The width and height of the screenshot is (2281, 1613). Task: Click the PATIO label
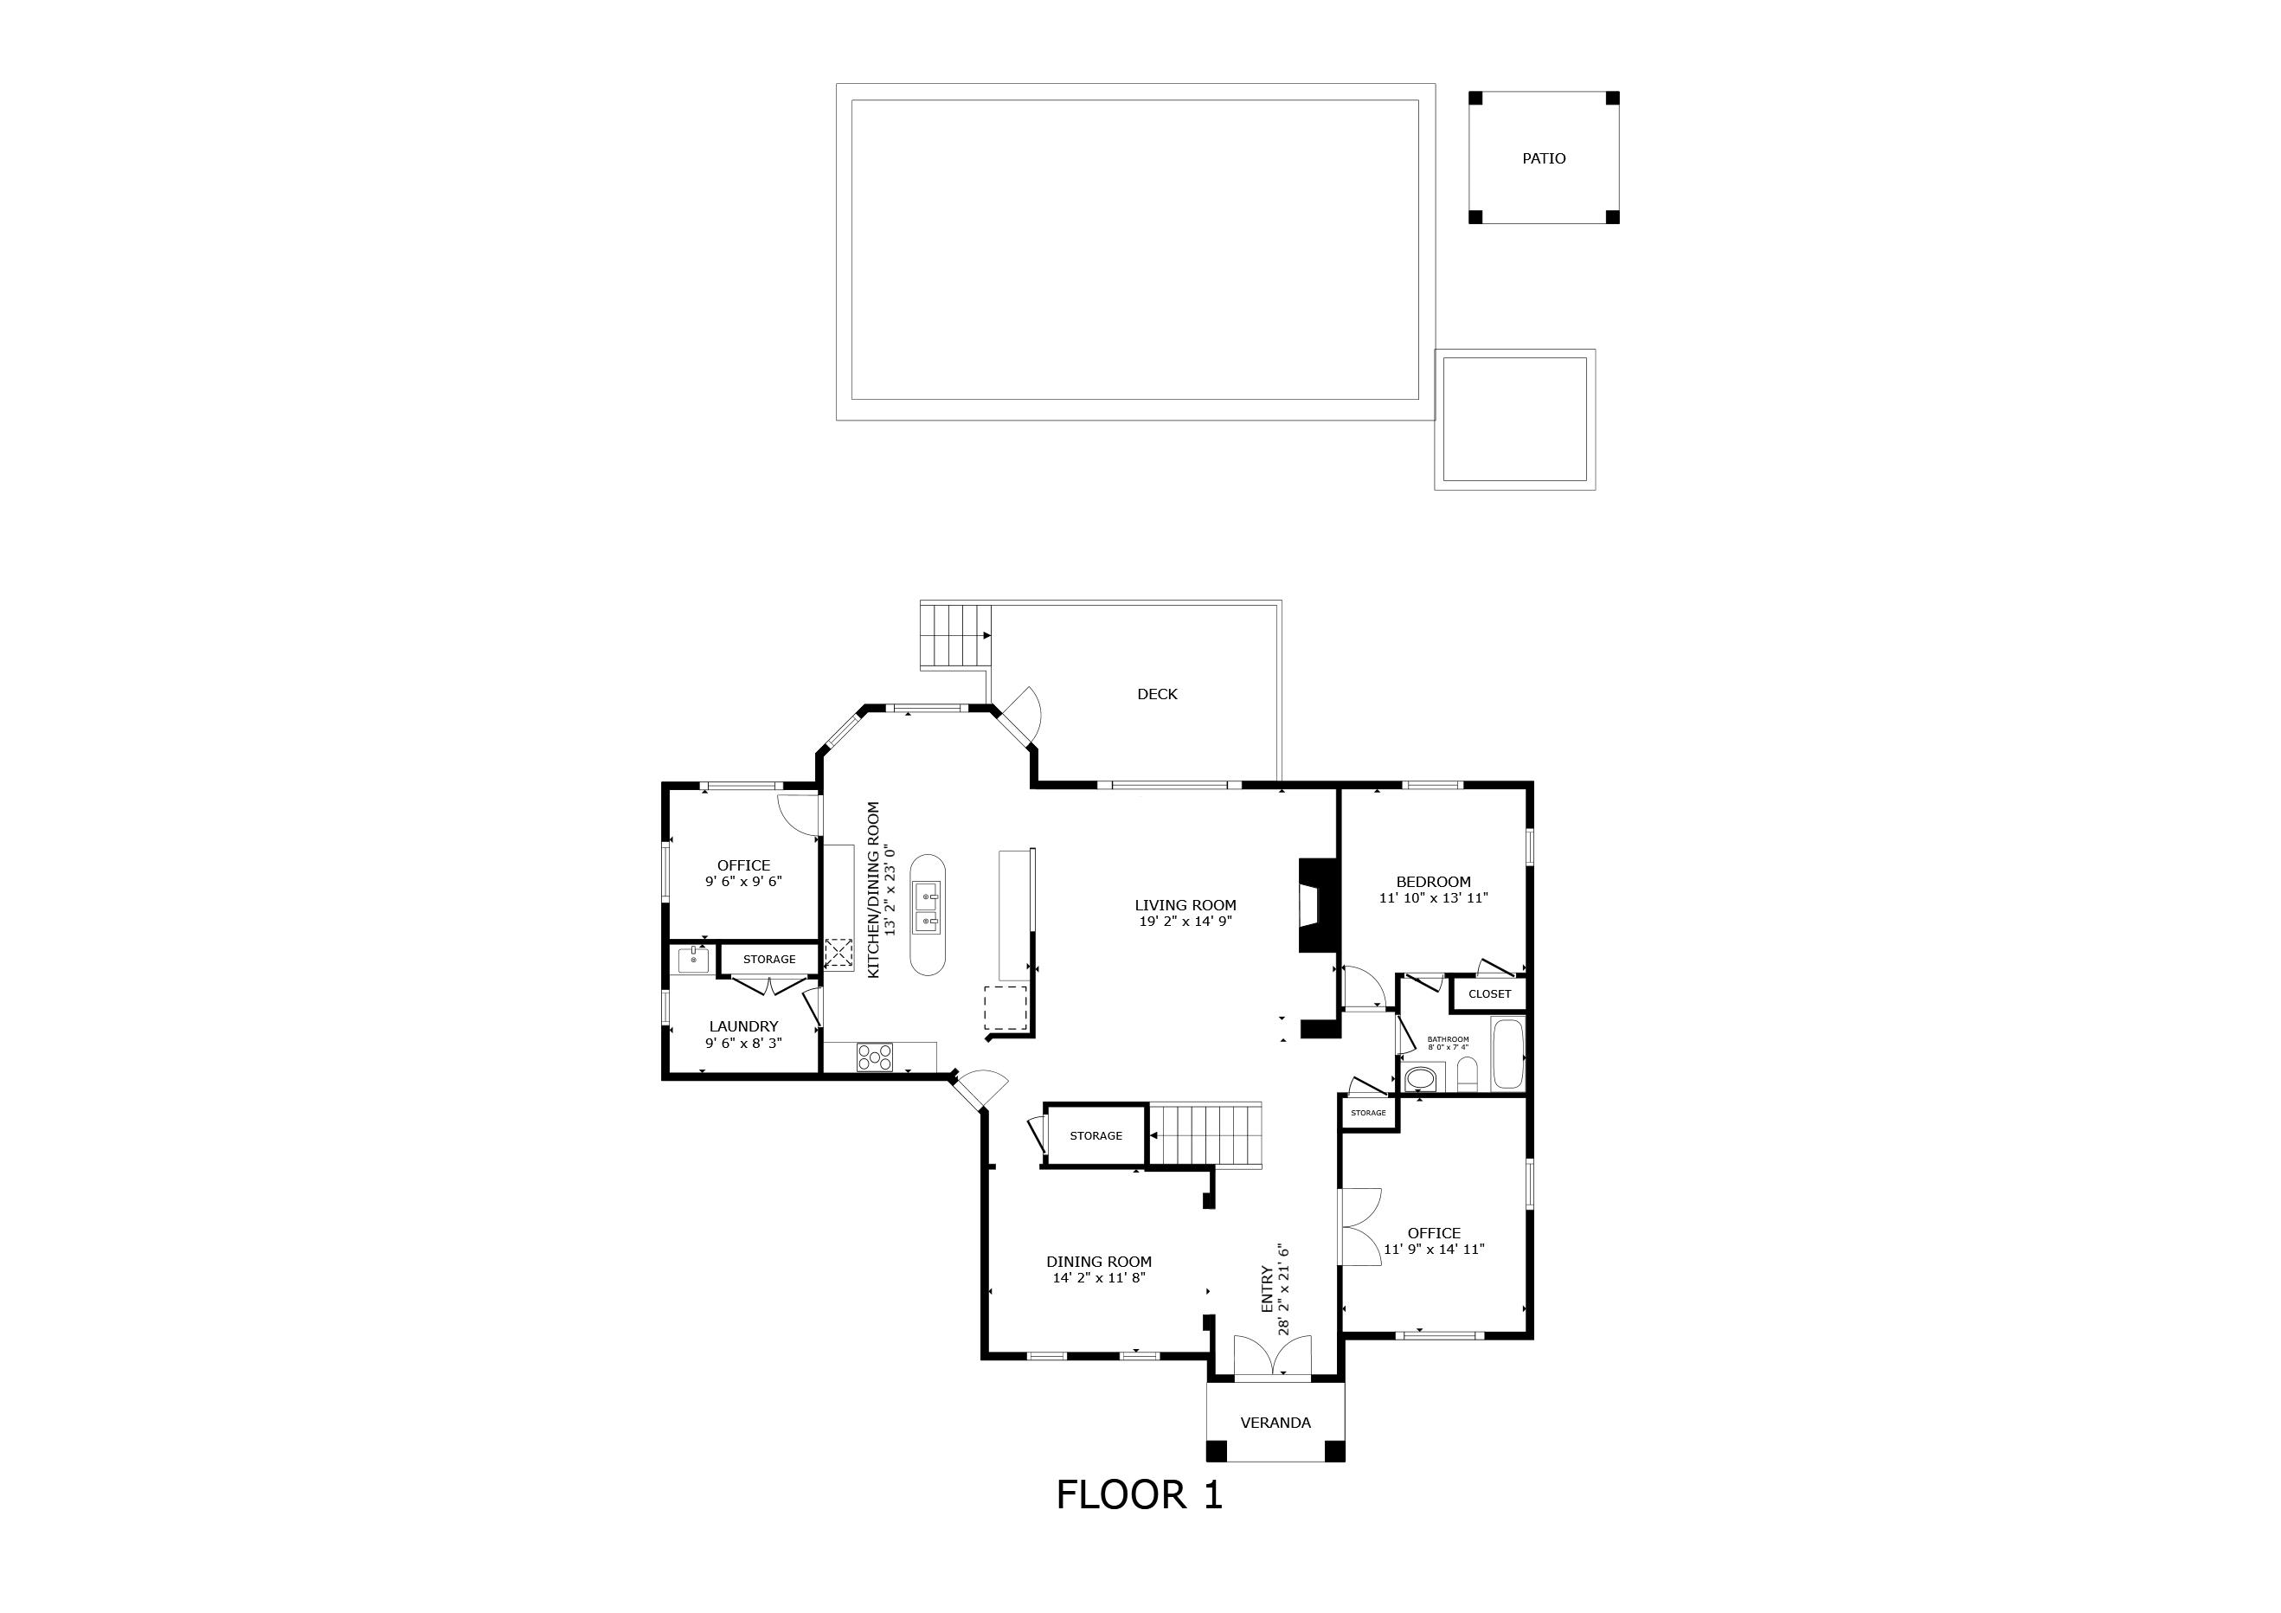(1544, 157)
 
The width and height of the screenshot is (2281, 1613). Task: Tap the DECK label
(1158, 694)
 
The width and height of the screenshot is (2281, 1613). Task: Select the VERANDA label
(1275, 1423)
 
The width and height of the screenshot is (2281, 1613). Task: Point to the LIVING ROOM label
(1185, 905)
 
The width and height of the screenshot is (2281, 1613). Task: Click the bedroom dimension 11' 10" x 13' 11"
(1434, 898)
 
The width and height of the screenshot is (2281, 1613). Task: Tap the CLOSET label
(1489, 994)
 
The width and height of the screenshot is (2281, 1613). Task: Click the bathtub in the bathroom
(1508, 1054)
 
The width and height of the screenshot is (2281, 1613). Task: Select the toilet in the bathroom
(1468, 1075)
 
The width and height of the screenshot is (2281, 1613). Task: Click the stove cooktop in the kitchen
(874, 1057)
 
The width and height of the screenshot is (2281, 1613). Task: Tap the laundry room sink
(693, 961)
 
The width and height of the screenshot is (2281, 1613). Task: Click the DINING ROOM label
(1099, 1262)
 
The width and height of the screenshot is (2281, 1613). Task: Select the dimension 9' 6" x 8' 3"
(743, 1043)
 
